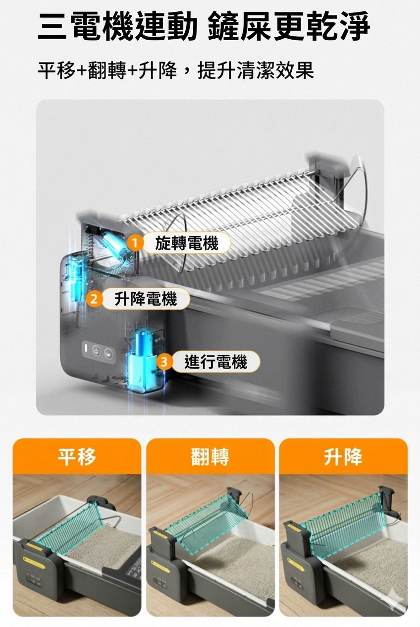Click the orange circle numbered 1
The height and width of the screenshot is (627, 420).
pos(134,243)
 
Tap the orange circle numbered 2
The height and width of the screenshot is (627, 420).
pos(93,299)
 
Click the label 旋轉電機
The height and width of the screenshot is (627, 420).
pos(186,243)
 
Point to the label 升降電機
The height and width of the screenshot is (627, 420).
pos(146,299)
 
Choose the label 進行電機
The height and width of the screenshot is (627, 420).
pos(215,362)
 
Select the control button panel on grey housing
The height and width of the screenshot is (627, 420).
pos(97,349)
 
